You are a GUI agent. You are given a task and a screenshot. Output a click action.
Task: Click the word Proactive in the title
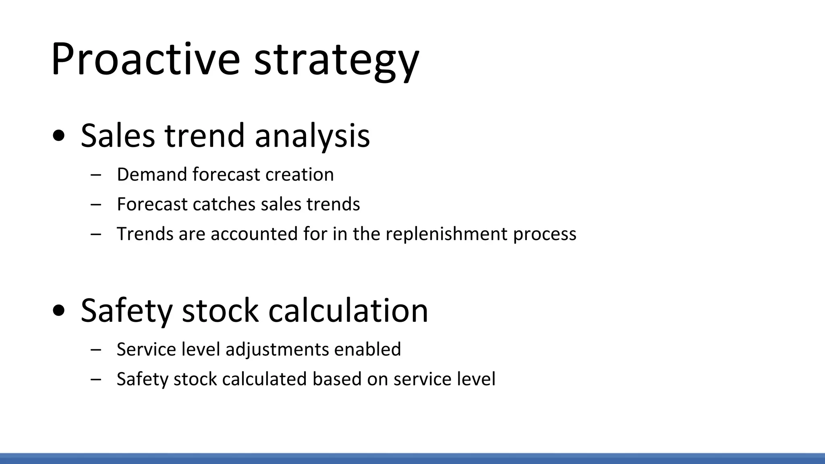pos(145,60)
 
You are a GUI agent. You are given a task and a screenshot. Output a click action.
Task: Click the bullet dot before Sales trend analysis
pos(59,136)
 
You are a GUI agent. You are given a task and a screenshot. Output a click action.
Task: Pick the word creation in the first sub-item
pos(299,174)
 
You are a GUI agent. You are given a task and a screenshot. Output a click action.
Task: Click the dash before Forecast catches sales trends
pos(96,204)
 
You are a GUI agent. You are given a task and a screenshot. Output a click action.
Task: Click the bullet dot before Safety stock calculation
pos(59,311)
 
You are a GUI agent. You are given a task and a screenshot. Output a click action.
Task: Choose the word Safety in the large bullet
pos(126,311)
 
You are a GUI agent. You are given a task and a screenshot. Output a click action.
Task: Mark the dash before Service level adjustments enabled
pos(96,349)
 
